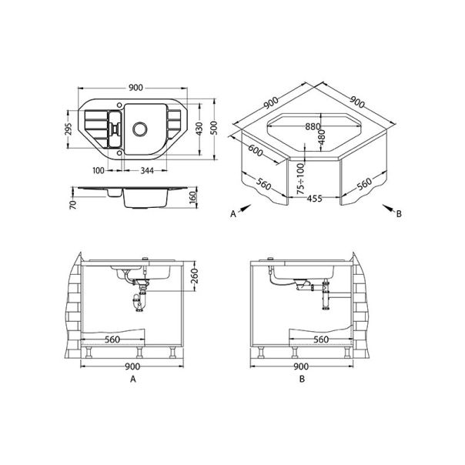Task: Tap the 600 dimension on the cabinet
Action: (x=256, y=152)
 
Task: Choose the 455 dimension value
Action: (x=313, y=198)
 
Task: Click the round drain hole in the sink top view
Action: (x=141, y=127)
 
